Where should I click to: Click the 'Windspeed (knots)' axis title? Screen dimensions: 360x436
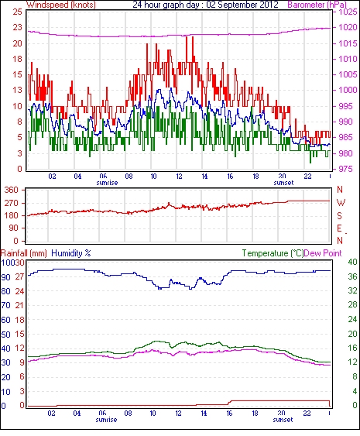(x=61, y=5)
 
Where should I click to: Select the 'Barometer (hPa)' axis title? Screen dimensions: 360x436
(x=317, y=5)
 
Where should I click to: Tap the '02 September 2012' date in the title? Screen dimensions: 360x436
(x=242, y=5)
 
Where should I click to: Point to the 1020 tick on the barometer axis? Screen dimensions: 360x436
(x=348, y=28)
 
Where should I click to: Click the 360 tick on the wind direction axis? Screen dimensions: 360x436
(x=11, y=191)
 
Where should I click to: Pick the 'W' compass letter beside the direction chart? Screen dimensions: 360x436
(x=341, y=203)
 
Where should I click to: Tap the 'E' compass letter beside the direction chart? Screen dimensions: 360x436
(x=339, y=228)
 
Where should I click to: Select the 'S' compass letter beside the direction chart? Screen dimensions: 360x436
(x=339, y=216)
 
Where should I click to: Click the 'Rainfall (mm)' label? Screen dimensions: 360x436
(x=24, y=253)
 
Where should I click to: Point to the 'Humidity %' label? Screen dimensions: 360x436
(x=71, y=253)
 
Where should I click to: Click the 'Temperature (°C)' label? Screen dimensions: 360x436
(x=273, y=253)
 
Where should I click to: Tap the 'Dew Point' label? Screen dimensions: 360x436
(x=323, y=253)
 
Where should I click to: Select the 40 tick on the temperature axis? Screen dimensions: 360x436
(x=352, y=262)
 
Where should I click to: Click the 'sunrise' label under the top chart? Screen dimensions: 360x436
(x=107, y=183)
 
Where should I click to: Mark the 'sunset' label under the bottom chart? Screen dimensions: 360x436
(x=283, y=420)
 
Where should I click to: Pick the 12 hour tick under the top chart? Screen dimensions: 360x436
(x=179, y=177)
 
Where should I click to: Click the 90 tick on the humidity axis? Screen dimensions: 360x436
(x=6, y=277)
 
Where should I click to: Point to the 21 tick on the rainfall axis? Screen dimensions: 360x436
(x=19, y=305)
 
